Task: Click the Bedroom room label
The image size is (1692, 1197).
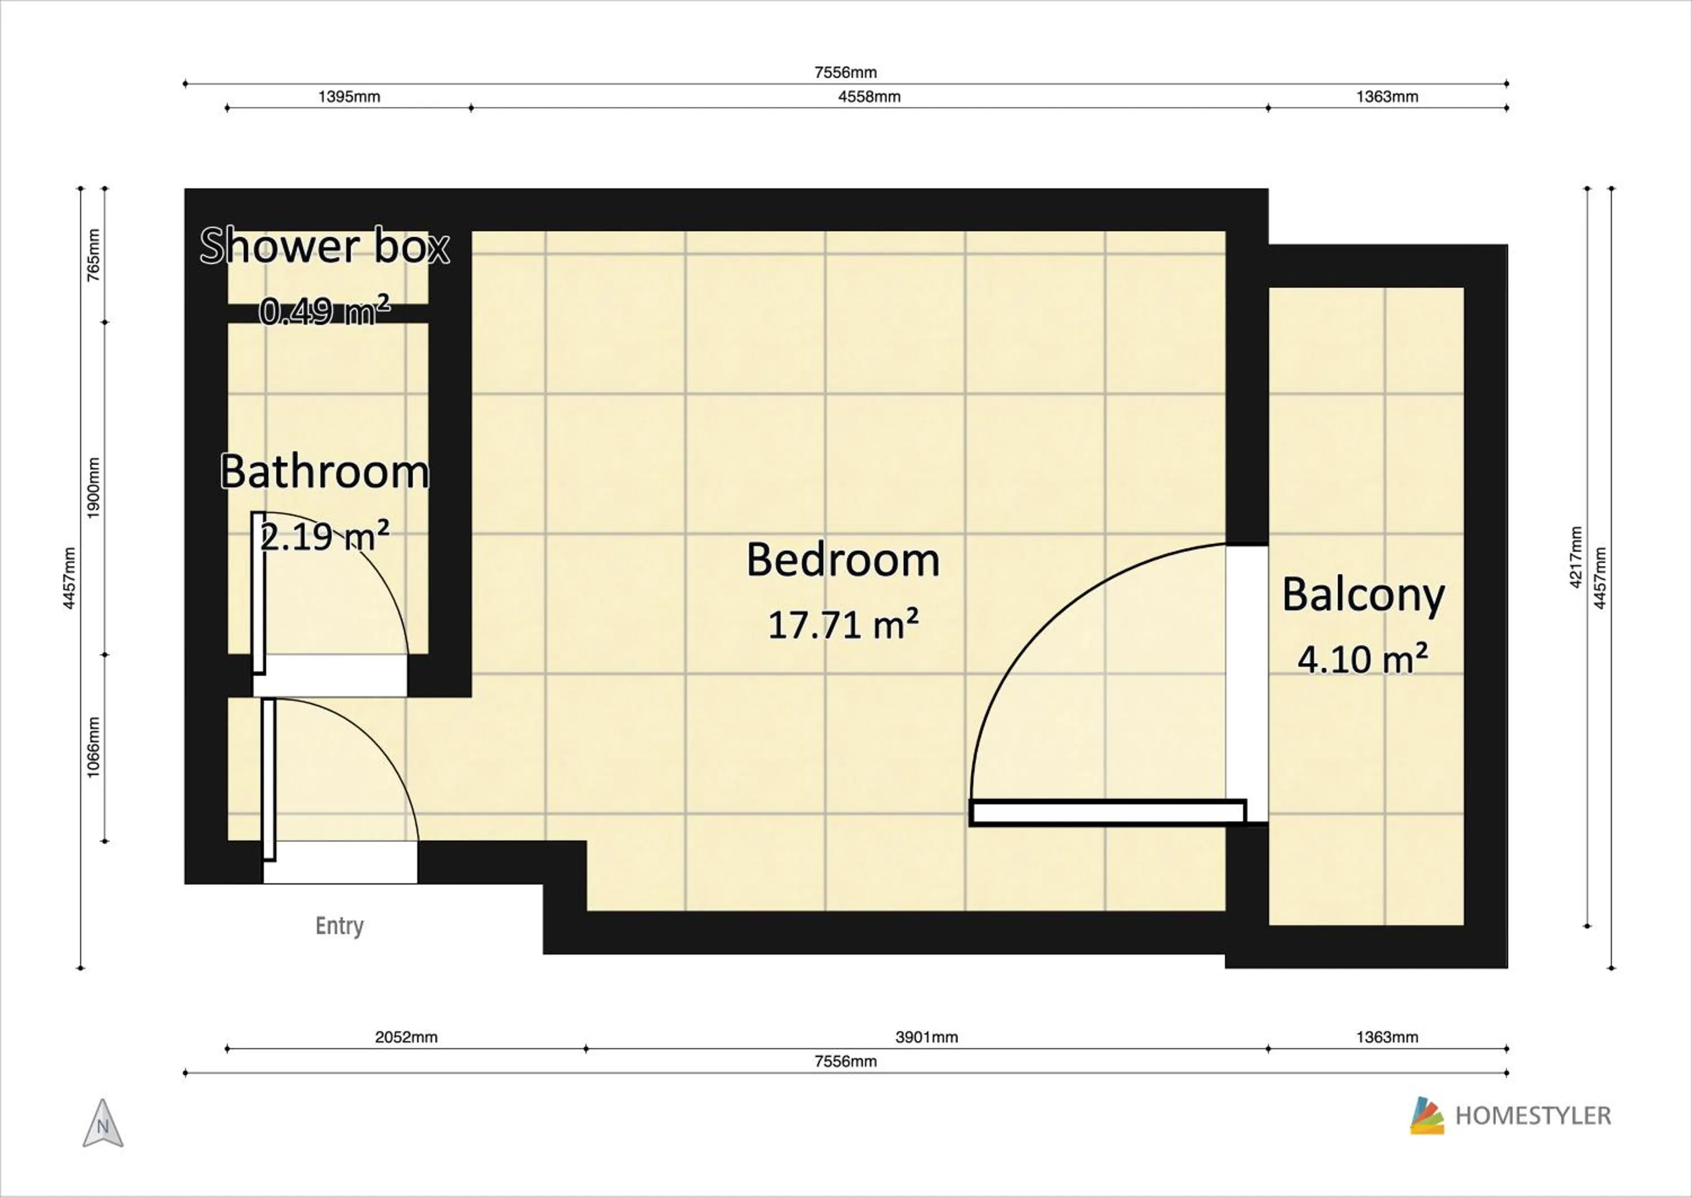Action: point(843,560)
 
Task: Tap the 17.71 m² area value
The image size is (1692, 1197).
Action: point(843,625)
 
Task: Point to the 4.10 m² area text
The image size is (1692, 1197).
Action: point(1363,659)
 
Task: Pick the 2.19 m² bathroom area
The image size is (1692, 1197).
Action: point(324,536)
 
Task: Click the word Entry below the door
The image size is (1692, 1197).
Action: point(339,926)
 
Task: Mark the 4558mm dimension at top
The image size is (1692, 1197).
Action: point(869,96)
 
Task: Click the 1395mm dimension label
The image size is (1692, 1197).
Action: point(349,96)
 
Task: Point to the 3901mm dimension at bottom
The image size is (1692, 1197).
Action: point(926,1037)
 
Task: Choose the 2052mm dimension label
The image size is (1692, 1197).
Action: point(406,1037)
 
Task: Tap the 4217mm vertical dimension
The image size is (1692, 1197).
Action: point(1576,557)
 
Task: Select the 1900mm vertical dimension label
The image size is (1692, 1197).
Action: point(94,488)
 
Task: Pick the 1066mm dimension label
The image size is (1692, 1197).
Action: point(94,747)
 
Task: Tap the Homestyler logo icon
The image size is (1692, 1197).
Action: point(1427,1115)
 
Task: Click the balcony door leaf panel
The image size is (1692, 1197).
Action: point(1108,812)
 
